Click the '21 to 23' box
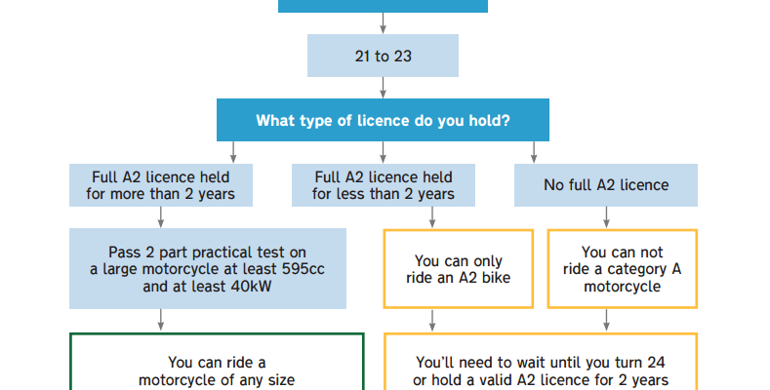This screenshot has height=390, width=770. [x=383, y=56]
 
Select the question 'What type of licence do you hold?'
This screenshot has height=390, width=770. [x=383, y=121]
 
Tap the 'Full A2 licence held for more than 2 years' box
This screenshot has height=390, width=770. [x=160, y=185]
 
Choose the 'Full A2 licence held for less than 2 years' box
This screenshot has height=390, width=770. [x=383, y=185]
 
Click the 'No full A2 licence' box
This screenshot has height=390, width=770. [x=605, y=185]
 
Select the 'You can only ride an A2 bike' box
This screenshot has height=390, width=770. [x=459, y=268]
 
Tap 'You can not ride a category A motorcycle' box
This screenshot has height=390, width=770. [x=623, y=268]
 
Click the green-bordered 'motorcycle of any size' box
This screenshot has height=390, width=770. [x=216, y=370]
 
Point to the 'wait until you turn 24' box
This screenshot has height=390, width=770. [x=540, y=370]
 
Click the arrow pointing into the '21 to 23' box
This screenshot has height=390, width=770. [x=383, y=23]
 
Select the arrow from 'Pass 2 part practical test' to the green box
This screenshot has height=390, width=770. [x=160, y=320]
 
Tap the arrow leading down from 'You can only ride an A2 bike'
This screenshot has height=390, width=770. [x=433, y=320]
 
